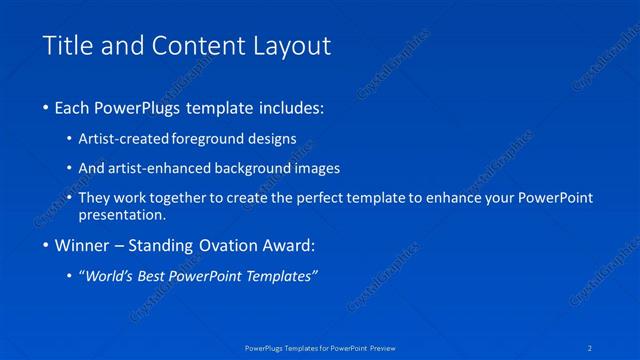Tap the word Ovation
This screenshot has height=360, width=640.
click(x=221, y=246)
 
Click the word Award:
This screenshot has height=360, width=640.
click(x=285, y=246)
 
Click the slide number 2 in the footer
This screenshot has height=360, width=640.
click(x=592, y=349)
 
